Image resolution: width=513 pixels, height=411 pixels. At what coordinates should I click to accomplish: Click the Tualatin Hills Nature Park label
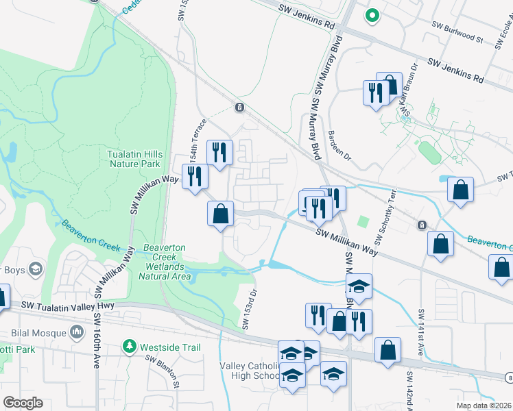tap(134, 159)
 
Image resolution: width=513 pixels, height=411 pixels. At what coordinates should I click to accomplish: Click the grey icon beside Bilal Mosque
tap(77, 333)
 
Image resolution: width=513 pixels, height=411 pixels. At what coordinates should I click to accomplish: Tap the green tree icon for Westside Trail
tap(129, 347)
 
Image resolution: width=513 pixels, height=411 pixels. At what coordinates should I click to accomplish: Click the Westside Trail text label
tap(170, 347)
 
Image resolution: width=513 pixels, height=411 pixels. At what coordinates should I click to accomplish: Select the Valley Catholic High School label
tap(248, 371)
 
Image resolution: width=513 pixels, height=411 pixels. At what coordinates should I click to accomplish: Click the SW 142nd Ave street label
tap(409, 391)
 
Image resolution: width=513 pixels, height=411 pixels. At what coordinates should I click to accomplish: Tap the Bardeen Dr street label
tap(340, 145)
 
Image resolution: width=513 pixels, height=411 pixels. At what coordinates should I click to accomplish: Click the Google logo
tap(23, 403)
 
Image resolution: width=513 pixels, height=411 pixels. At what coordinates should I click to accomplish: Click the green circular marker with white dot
tap(372, 14)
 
